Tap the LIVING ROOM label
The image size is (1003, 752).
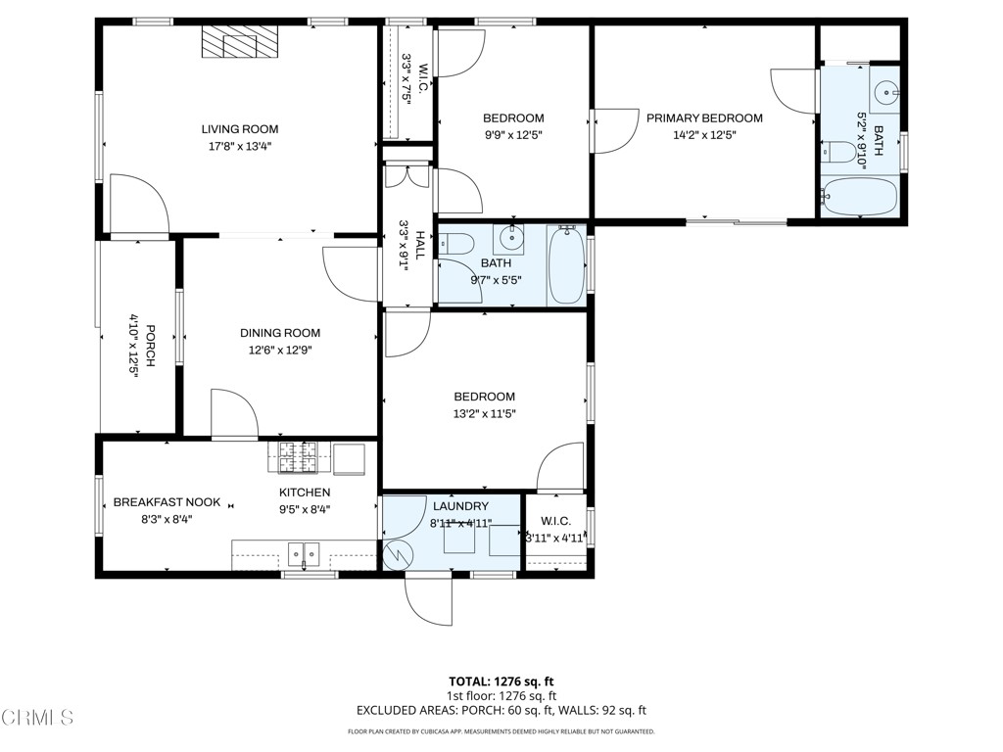click(x=240, y=129)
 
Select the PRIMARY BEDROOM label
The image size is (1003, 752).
click(x=703, y=118)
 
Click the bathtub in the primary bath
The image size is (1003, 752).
click(x=859, y=197)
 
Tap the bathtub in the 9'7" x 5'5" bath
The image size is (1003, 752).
click(x=566, y=265)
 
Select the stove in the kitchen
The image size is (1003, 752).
click(x=294, y=455)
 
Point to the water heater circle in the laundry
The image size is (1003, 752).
click(x=399, y=554)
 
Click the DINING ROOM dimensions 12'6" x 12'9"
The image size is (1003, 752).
click(x=280, y=350)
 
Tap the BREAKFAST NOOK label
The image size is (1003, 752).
click(x=167, y=502)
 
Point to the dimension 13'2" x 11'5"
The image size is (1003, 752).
click(x=484, y=413)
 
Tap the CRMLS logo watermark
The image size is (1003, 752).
click(x=37, y=718)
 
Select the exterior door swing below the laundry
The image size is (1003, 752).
click(x=428, y=599)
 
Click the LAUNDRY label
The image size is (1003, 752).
click(x=460, y=506)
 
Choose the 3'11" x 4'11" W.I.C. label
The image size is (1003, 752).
click(x=555, y=537)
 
